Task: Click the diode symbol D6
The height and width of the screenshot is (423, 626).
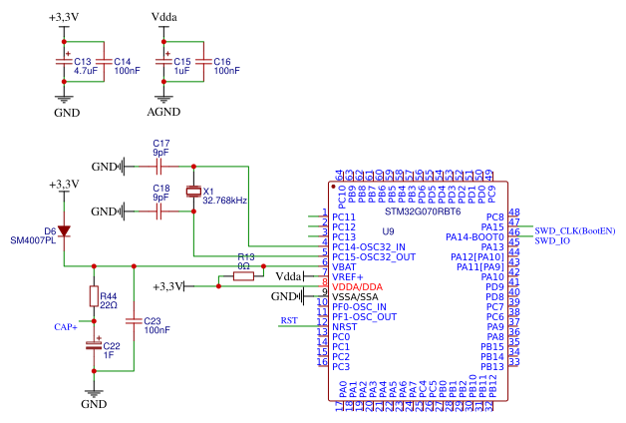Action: pyautogui.click(x=65, y=231)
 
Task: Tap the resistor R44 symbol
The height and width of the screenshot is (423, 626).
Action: pyautogui.click(x=94, y=296)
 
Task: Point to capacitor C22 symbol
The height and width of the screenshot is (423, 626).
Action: pyautogui.click(x=94, y=345)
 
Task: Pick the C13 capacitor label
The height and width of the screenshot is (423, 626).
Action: pyautogui.click(x=83, y=62)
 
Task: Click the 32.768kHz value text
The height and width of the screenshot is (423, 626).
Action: pyautogui.click(x=224, y=201)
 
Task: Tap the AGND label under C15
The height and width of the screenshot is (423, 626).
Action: pyautogui.click(x=163, y=113)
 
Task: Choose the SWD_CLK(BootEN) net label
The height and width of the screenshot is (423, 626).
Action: pyautogui.click(x=575, y=230)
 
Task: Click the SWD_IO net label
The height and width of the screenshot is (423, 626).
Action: pyautogui.click(x=552, y=240)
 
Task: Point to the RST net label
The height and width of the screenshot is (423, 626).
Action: pyautogui.click(x=289, y=320)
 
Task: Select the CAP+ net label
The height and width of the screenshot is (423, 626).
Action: pyautogui.click(x=66, y=326)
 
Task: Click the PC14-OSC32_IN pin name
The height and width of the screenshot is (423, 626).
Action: pyautogui.click(x=369, y=246)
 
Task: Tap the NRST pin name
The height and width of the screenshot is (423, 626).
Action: pyautogui.click(x=344, y=326)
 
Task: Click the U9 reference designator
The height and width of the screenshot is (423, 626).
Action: pyautogui.click(x=389, y=231)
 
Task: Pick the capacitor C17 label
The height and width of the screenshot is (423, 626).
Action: pyautogui.click(x=161, y=144)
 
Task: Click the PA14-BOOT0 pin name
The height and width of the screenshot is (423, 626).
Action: pyautogui.click(x=473, y=236)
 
